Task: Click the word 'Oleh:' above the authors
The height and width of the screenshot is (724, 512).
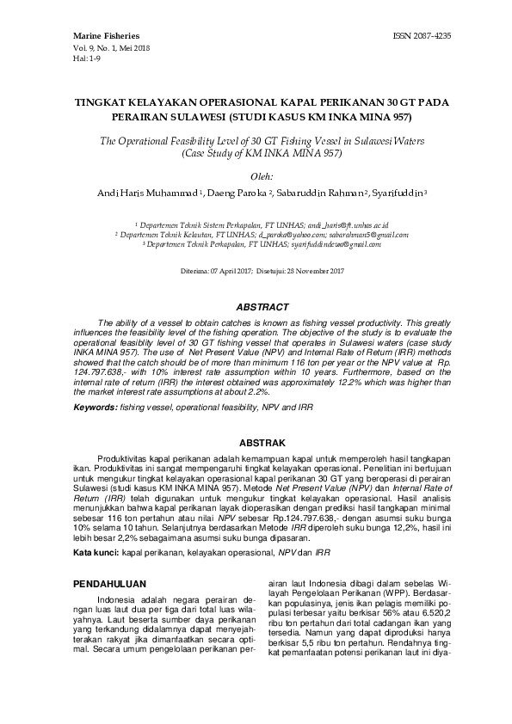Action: click(x=255, y=177)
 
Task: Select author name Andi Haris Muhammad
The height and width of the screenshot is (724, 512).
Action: click(x=150, y=193)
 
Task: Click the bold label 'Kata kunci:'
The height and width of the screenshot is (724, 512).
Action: click(x=96, y=526)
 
